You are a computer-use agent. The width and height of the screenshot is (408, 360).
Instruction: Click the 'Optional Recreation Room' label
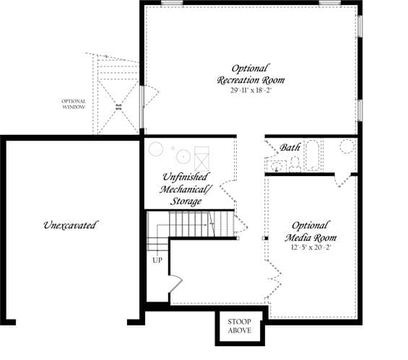[x=251, y=74]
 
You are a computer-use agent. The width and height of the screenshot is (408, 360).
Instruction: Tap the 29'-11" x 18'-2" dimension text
[x=251, y=90]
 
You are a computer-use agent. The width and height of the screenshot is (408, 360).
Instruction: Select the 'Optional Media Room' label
[x=311, y=232]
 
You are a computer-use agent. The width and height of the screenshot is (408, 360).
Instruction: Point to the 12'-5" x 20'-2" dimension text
[x=311, y=247]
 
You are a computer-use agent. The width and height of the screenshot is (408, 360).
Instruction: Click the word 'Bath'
[x=290, y=147]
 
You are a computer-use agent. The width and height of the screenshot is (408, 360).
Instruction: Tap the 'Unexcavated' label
[x=70, y=225]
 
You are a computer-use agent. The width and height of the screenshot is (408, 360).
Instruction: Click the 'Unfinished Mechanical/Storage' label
[x=186, y=189]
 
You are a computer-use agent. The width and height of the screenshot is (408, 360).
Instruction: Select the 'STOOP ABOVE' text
[x=240, y=326]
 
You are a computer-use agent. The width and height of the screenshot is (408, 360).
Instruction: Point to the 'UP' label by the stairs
[x=157, y=260]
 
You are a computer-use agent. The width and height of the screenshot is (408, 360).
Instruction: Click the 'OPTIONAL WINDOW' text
[x=74, y=104]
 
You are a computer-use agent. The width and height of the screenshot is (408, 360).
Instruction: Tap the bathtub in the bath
[x=312, y=156]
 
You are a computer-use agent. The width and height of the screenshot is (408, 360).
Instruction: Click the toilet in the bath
[x=295, y=164]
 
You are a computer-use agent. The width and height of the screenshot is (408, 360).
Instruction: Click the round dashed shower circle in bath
[x=347, y=146]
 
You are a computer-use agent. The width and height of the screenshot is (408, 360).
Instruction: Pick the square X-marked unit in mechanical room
[x=201, y=159]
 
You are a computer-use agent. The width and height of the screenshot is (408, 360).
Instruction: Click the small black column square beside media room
[x=266, y=238]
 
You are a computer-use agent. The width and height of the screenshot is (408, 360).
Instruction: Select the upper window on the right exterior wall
[x=360, y=26]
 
